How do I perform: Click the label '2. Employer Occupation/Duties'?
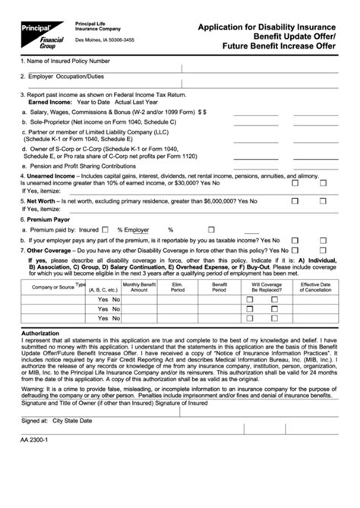64,77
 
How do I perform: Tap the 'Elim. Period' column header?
178,287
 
